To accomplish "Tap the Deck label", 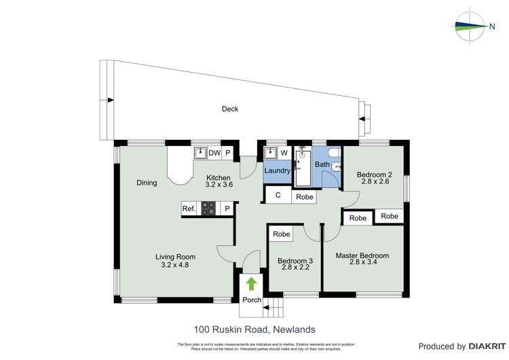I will click(230, 109).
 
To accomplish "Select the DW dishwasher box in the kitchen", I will click(214, 153).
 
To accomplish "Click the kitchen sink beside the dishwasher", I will click(200, 153).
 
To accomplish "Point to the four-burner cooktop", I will click(208, 209).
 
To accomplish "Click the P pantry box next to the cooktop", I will click(227, 209).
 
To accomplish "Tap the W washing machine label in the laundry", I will click(284, 153).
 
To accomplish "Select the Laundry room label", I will click(278, 170).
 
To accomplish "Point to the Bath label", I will click(322, 164).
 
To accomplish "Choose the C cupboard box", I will click(278, 196).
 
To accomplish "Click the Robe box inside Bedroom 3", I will click(282, 234).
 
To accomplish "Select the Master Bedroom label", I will click(362, 255).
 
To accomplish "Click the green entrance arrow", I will click(251, 283).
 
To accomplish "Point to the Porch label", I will click(252, 300).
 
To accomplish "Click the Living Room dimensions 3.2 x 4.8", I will click(175, 265).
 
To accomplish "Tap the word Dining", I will click(147, 183).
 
